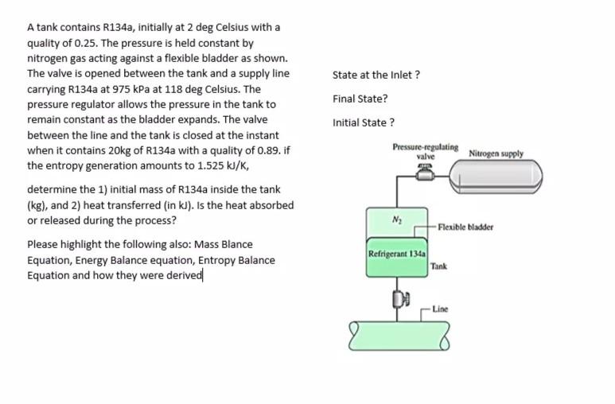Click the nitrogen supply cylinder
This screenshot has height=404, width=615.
pyautogui.click(x=496, y=177)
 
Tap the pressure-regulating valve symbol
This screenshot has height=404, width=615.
pyautogui.click(x=425, y=173)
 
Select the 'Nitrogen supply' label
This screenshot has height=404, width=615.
pyautogui.click(x=496, y=153)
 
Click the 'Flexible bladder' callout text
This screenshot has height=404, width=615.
pyautogui.click(x=465, y=227)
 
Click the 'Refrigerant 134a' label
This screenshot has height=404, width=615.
pyautogui.click(x=396, y=254)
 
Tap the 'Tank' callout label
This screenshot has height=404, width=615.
pyautogui.click(x=438, y=266)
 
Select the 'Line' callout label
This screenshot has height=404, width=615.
pyautogui.click(x=440, y=309)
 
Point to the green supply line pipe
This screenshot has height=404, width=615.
pyautogui.click(x=399, y=336)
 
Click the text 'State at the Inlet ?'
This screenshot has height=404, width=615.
pyautogui.click(x=376, y=75)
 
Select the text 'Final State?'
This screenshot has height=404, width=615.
pyautogui.click(x=360, y=99)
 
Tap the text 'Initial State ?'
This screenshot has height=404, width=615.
pyautogui.click(x=364, y=122)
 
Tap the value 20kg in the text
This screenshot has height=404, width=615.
pyautogui.click(x=119, y=150)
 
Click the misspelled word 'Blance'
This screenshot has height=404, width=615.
pyautogui.click(x=237, y=245)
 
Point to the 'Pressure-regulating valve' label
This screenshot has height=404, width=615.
pyautogui.click(x=426, y=151)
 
